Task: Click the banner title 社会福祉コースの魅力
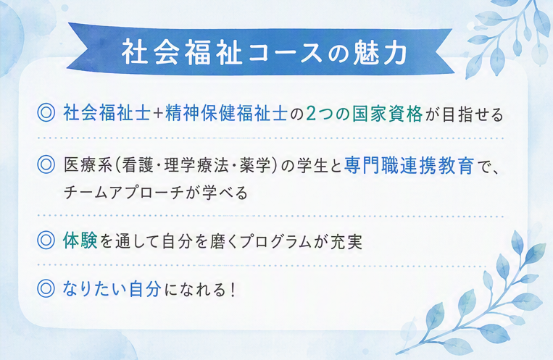coord(264,53)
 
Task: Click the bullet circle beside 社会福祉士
coord(46,113)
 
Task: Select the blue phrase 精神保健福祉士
coord(226,114)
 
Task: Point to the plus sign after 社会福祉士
coord(158,114)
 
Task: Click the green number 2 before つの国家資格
coord(311,114)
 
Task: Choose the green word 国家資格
coord(387,114)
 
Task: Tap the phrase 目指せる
coord(473,114)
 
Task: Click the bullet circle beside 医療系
coord(46,164)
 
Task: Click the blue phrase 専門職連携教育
coord(409,165)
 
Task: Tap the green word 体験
coord(80,240)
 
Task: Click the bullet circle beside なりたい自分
coord(46,289)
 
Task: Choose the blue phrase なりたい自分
coord(112,289)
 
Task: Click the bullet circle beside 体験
coord(46,240)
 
